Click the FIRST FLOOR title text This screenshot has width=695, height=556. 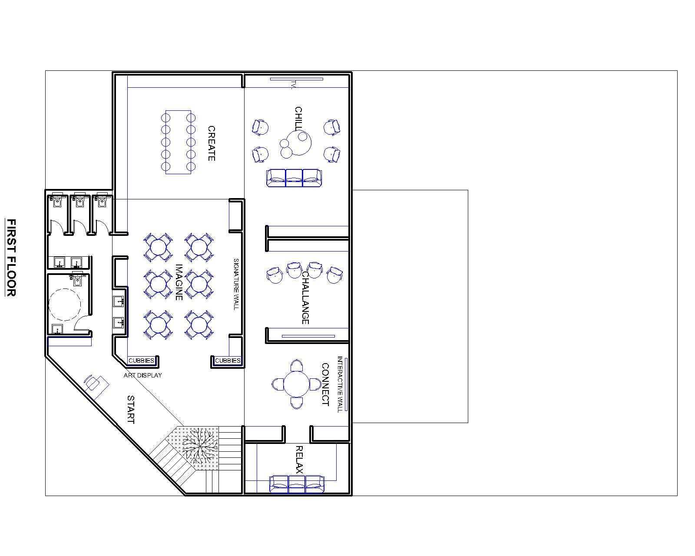[x=11, y=258]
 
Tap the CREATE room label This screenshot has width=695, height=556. [x=211, y=143]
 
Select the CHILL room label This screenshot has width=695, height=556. [x=298, y=118]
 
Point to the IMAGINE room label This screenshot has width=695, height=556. [x=179, y=282]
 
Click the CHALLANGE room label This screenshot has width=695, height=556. [x=305, y=298]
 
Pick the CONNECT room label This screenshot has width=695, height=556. [x=325, y=384]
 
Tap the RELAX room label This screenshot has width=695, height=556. [x=299, y=460]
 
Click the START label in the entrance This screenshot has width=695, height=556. [x=130, y=409]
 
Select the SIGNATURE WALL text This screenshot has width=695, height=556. [x=236, y=285]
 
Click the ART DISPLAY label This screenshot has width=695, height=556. [x=143, y=375]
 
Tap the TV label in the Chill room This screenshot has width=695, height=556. [x=293, y=85]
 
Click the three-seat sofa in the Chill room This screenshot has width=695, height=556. [x=294, y=178]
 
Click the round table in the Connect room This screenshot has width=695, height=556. [x=297, y=384]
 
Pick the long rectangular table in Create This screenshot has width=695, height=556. [x=178, y=142]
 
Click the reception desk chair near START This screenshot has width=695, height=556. [x=92, y=383]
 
